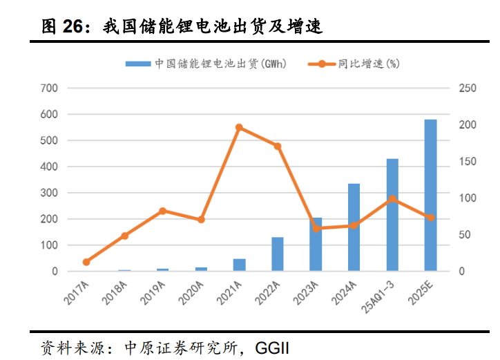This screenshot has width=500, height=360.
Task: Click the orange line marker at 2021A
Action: (x=239, y=127)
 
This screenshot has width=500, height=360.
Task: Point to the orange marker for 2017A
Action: (x=86, y=262)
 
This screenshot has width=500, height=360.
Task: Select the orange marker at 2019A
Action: (x=162, y=211)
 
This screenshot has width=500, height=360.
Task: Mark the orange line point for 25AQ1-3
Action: (x=392, y=198)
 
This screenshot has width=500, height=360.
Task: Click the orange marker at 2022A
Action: (x=277, y=146)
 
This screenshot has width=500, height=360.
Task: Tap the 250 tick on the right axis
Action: (x=467, y=88)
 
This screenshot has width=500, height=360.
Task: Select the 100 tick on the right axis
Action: (x=467, y=198)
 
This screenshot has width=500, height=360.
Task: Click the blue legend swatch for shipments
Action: (x=138, y=64)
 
